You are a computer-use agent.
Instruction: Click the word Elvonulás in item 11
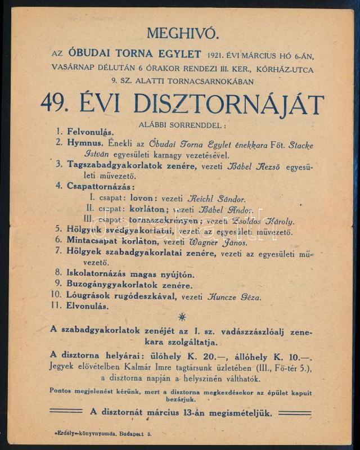pos(88,307)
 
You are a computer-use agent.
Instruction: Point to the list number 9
pos(58,286)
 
